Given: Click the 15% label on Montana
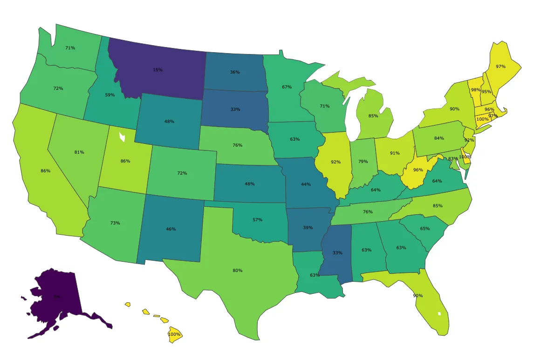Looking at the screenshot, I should click(x=157, y=70).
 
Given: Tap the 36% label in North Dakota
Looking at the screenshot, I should click(x=235, y=72).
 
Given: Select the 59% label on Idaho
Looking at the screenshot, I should click(x=110, y=95).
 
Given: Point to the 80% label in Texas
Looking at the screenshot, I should click(x=237, y=271).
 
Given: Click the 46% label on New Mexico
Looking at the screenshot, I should click(x=171, y=229).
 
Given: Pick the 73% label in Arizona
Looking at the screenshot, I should click(x=115, y=223).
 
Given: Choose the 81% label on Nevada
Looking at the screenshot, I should click(x=79, y=152).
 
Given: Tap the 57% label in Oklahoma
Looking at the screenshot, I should click(x=257, y=219).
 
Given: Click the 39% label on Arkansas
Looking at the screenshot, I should click(x=307, y=228).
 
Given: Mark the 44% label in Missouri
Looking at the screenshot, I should click(x=306, y=184).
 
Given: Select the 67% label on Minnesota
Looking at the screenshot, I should click(x=287, y=87).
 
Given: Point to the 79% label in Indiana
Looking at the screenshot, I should click(x=363, y=162).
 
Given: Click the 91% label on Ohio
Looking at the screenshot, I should click(x=395, y=153).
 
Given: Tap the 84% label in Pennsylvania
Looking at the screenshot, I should click(x=438, y=138).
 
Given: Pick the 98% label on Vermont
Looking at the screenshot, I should click(x=476, y=90).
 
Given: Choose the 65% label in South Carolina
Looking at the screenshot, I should click(x=424, y=229).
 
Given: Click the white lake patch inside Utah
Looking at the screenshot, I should click(x=123, y=137).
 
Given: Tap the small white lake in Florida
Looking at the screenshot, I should click(x=439, y=313).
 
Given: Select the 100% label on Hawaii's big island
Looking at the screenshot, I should click(x=174, y=334).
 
